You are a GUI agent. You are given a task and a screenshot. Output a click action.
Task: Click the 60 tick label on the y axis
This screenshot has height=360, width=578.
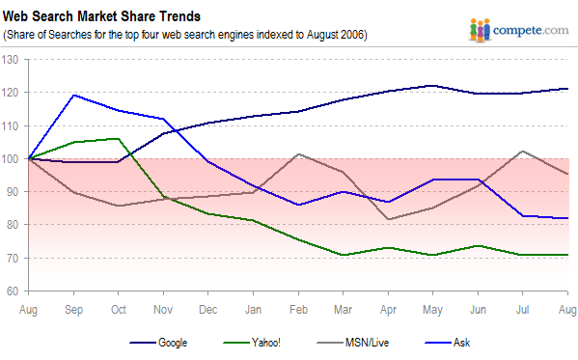click(14, 291)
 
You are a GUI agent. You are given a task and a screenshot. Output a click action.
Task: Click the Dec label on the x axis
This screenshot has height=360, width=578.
click(209, 309)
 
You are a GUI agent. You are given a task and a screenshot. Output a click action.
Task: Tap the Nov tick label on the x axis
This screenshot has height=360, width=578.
click(164, 309)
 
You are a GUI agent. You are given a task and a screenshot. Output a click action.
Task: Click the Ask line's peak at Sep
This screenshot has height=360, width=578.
click(73, 95)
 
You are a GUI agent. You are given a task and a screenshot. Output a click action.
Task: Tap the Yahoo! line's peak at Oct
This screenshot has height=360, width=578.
click(118, 139)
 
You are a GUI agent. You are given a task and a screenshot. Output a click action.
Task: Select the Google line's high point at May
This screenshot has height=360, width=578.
click(433, 86)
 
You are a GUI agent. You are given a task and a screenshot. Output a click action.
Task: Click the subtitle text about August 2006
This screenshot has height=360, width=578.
click(185, 35)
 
